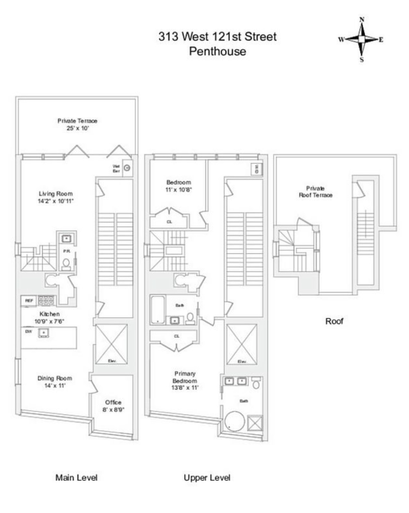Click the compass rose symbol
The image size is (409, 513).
pyautogui.click(x=361, y=39)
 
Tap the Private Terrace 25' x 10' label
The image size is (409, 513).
pyautogui.click(x=77, y=124)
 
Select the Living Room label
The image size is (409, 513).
pyautogui.click(x=56, y=198)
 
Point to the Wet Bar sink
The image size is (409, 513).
pyautogui.click(x=128, y=168)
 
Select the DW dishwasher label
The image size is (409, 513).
pyautogui.click(x=29, y=332)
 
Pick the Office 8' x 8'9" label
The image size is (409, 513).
pyautogui.click(x=113, y=406)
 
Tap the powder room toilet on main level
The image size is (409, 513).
pyautogui.click(x=66, y=263)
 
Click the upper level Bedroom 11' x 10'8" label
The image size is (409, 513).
pyautogui.click(x=178, y=186)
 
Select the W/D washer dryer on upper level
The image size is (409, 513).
pyautogui.click(x=254, y=169)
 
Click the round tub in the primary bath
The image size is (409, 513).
pyautogui.click(x=235, y=421)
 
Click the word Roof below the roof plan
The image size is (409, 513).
pyautogui.click(x=334, y=322)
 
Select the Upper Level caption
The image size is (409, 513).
pyautogui.click(x=207, y=478)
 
